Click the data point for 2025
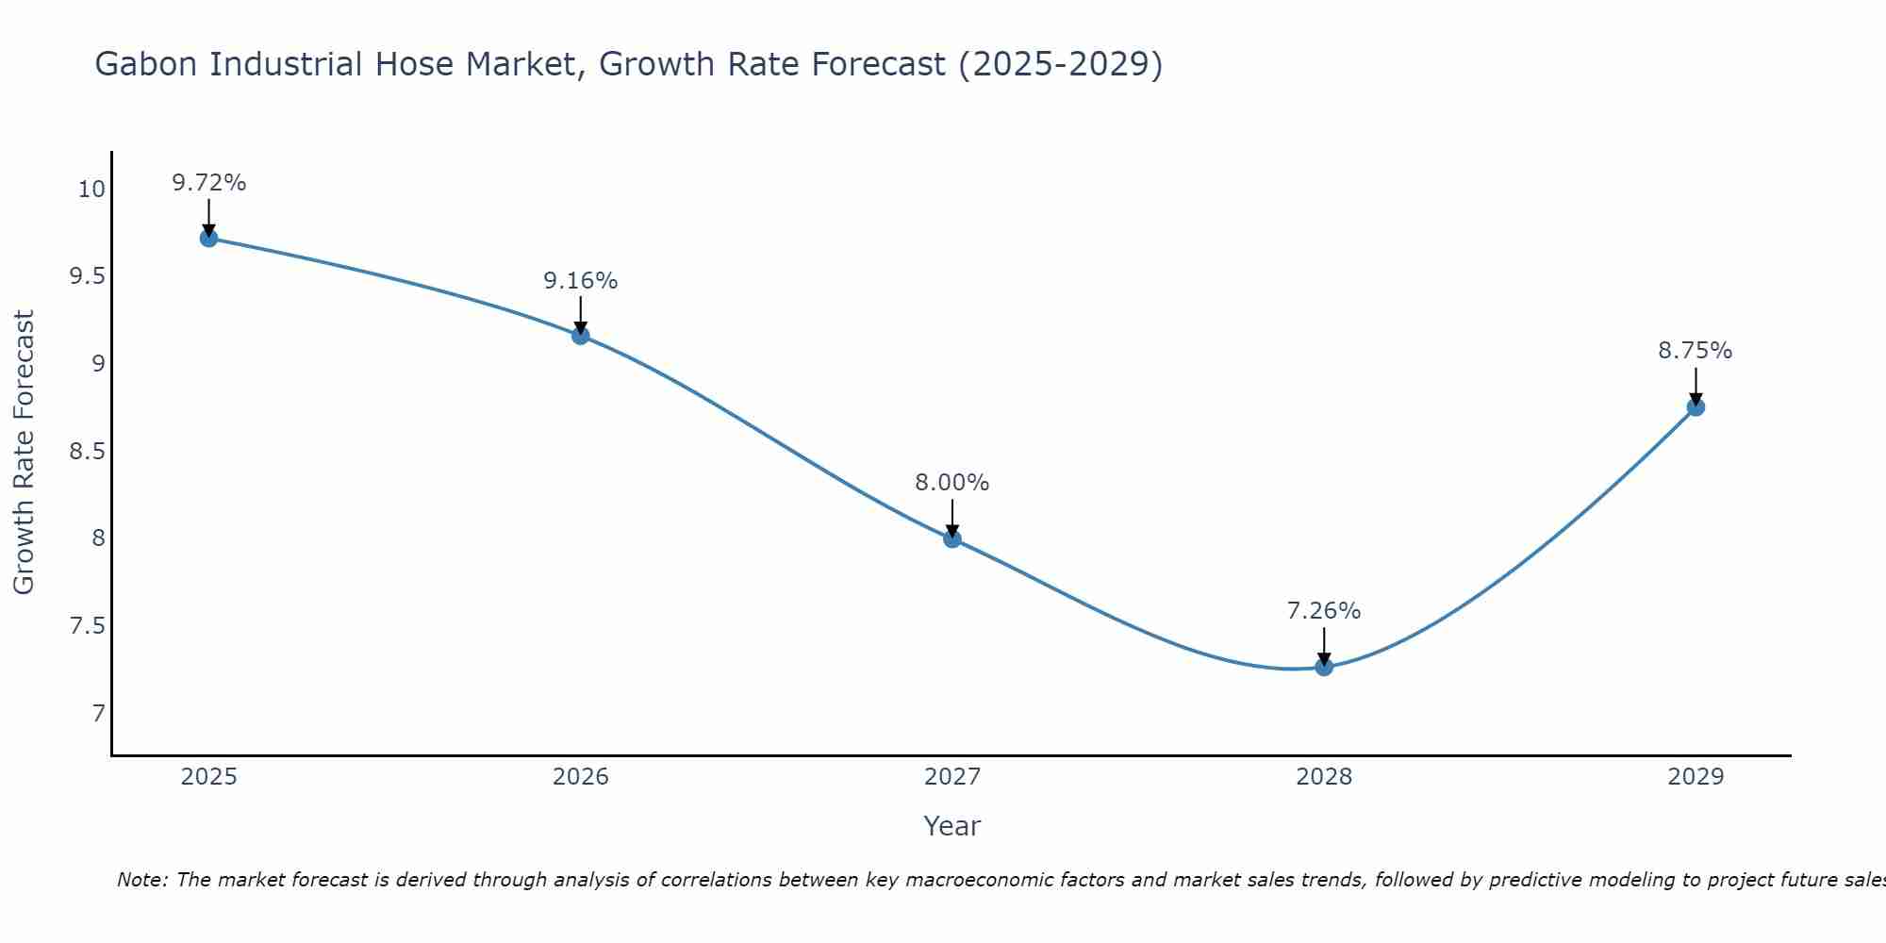click(x=208, y=238)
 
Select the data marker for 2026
click(x=580, y=335)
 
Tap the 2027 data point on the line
click(x=952, y=538)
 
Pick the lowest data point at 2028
click(x=1324, y=667)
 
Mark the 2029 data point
click(x=1696, y=407)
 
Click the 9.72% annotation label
click(x=208, y=183)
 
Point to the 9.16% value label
click(x=580, y=281)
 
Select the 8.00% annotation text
click(x=952, y=483)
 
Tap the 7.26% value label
click(x=1324, y=611)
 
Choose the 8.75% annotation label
click(x=1696, y=351)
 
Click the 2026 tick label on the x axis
click(x=580, y=777)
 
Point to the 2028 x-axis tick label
click(x=1324, y=777)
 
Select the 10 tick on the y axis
click(x=91, y=190)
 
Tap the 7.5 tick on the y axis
click(x=88, y=626)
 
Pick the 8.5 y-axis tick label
click(x=88, y=452)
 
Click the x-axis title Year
click(x=952, y=826)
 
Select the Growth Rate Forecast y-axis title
click(x=24, y=453)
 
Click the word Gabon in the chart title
click(x=147, y=64)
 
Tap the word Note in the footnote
click(x=141, y=880)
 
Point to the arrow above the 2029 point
click(x=1696, y=385)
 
